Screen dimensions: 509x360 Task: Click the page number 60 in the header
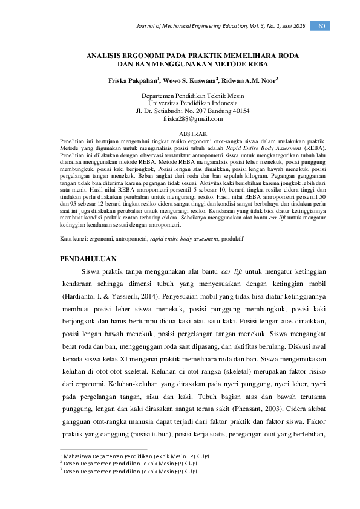coord(321,25)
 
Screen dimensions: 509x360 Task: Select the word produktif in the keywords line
coord(233,222)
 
